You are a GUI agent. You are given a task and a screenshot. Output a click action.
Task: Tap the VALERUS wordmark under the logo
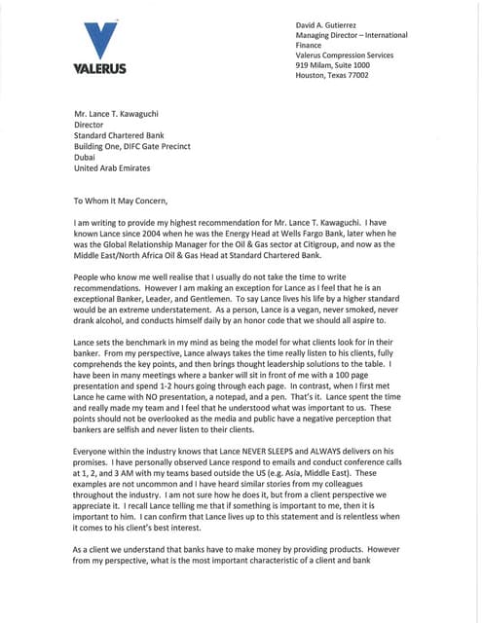100,70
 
